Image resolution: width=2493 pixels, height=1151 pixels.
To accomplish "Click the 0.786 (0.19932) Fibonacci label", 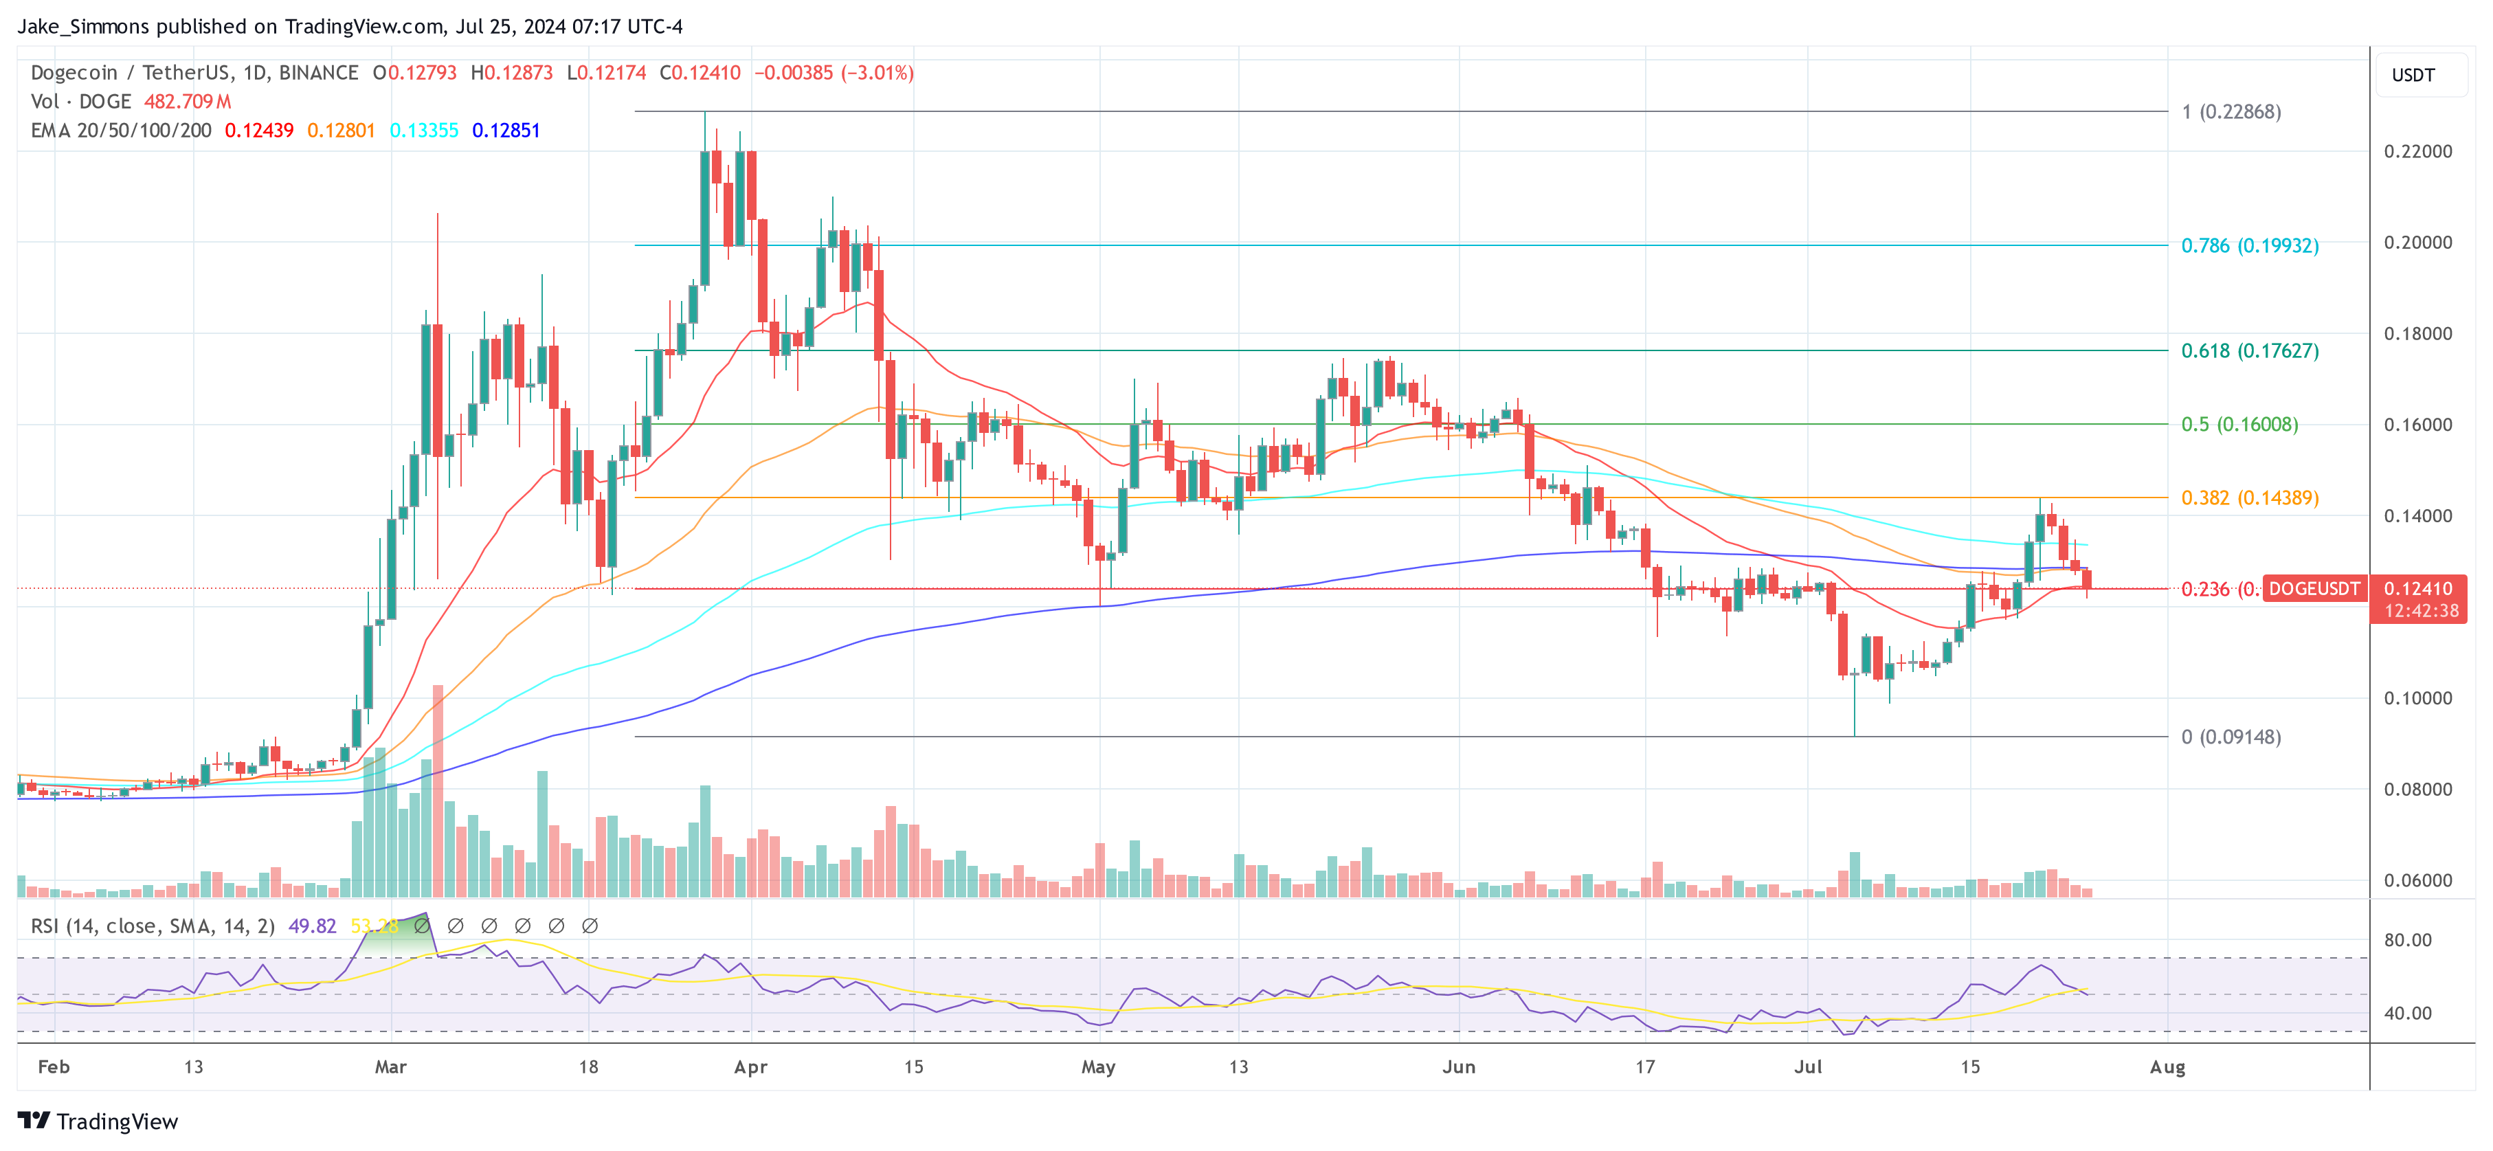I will (x=2249, y=246).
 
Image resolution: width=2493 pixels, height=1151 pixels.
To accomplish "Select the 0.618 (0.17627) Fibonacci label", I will (x=2249, y=350).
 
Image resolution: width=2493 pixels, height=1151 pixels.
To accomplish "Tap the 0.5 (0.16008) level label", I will (x=2239, y=424).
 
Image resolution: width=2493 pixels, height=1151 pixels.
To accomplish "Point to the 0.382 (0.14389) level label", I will (x=2249, y=498).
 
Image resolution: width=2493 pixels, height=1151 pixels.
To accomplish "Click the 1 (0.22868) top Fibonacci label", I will (x=2231, y=112).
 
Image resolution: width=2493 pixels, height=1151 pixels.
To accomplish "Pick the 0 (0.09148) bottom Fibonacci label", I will (x=2231, y=737).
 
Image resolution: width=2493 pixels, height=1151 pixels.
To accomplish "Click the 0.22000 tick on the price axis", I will (x=2417, y=152).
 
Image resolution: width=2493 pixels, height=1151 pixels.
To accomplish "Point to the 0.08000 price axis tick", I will (x=2417, y=789).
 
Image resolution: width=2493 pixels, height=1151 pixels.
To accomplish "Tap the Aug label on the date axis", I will (x=2167, y=1066).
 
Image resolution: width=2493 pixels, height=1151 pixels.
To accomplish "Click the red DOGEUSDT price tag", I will (x=2313, y=589).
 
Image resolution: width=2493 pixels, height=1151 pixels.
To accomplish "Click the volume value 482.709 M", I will (x=188, y=102).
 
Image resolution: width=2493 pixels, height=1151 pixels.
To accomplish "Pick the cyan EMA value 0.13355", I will (x=424, y=131).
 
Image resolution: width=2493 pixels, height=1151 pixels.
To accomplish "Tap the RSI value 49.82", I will (x=312, y=926).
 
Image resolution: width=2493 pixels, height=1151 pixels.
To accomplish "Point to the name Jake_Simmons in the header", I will (x=83, y=26).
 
